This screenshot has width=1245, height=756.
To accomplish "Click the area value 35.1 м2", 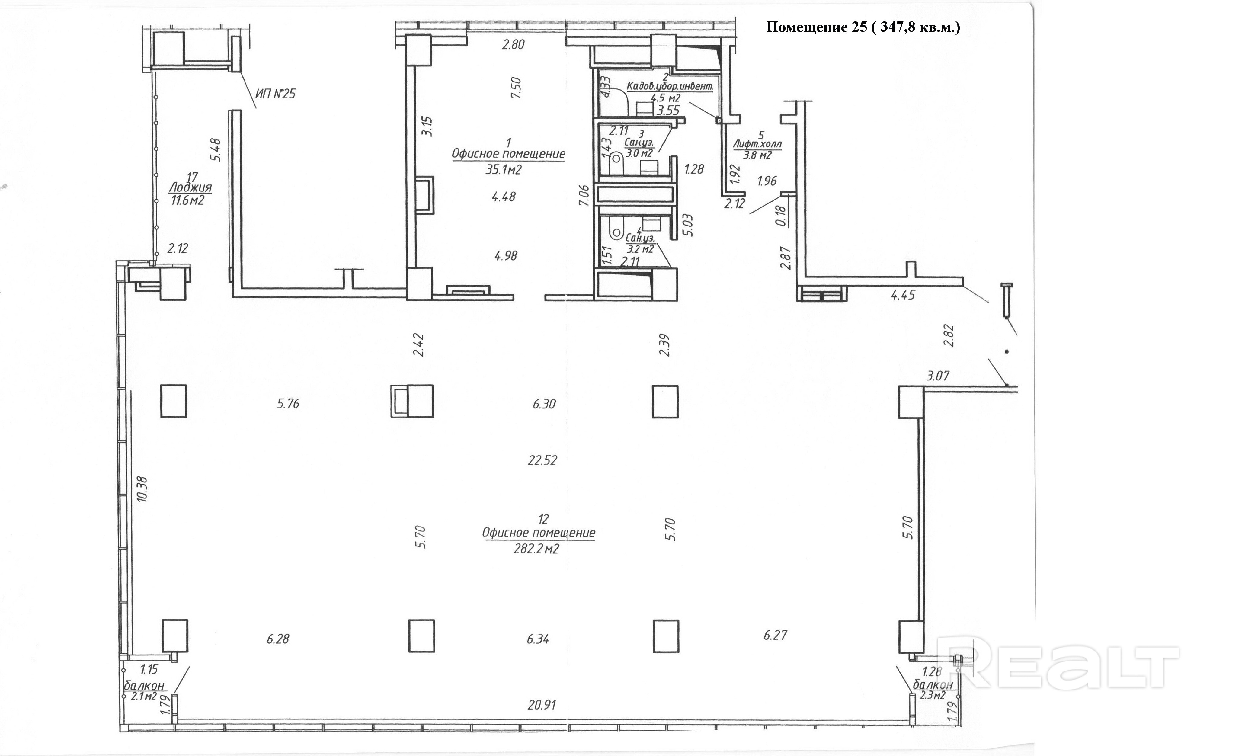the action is [x=503, y=170].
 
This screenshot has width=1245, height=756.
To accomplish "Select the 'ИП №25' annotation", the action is [x=275, y=94].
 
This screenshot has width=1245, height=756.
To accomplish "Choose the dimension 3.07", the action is [x=938, y=376].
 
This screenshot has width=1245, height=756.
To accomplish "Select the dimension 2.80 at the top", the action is [x=513, y=44].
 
